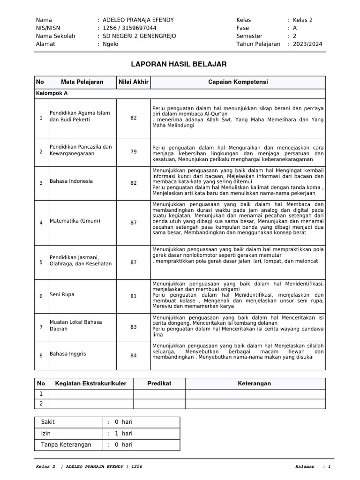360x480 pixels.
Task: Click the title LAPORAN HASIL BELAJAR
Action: click(x=179, y=64)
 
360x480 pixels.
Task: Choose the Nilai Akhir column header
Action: click(x=133, y=82)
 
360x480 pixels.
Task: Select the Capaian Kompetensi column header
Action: click(x=238, y=82)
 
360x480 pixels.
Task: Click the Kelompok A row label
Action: click(x=52, y=93)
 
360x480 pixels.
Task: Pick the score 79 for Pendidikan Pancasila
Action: click(x=134, y=151)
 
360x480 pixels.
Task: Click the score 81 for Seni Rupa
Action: click(x=134, y=296)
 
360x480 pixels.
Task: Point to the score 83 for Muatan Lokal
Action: click(x=134, y=327)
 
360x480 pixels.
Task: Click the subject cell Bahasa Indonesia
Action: click(x=71, y=181)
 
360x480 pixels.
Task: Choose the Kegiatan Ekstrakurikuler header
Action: click(x=91, y=383)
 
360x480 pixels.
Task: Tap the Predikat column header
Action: click(x=159, y=383)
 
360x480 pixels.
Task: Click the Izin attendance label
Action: click(x=46, y=434)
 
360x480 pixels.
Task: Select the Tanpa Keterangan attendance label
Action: click(x=66, y=445)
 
